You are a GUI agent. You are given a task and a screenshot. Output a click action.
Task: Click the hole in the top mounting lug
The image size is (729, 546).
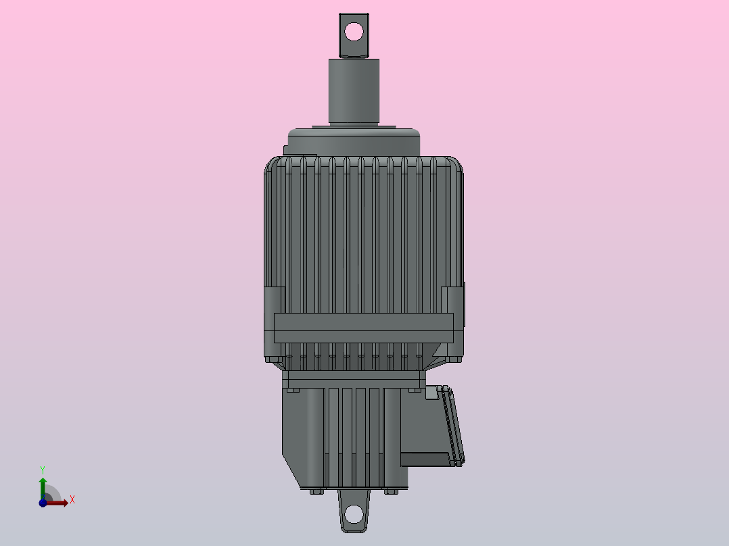pyautogui.click(x=354, y=30)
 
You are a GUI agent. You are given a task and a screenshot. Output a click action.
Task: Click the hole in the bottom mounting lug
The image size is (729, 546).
pyautogui.click(x=354, y=516)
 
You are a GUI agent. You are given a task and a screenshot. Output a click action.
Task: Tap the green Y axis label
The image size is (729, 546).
pyautogui.click(x=42, y=469)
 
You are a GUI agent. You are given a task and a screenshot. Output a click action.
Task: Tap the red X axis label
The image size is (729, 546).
pyautogui.click(x=72, y=500)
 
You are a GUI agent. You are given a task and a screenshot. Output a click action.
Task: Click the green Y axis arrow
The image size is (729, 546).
pyautogui.click(x=42, y=485)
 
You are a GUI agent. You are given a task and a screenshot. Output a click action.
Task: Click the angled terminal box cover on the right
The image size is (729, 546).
pyautogui.click(x=453, y=426)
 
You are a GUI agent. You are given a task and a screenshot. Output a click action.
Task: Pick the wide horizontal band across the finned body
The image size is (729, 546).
pyautogui.click(x=363, y=328)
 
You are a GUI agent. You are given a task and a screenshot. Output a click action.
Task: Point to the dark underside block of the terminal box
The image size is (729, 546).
pyautogui.click(x=424, y=460)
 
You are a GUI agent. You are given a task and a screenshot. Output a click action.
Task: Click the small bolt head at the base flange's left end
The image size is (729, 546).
pyautogui.click(x=292, y=390)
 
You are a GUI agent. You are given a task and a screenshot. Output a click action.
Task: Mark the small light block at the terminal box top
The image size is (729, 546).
pyautogui.click(x=431, y=392)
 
